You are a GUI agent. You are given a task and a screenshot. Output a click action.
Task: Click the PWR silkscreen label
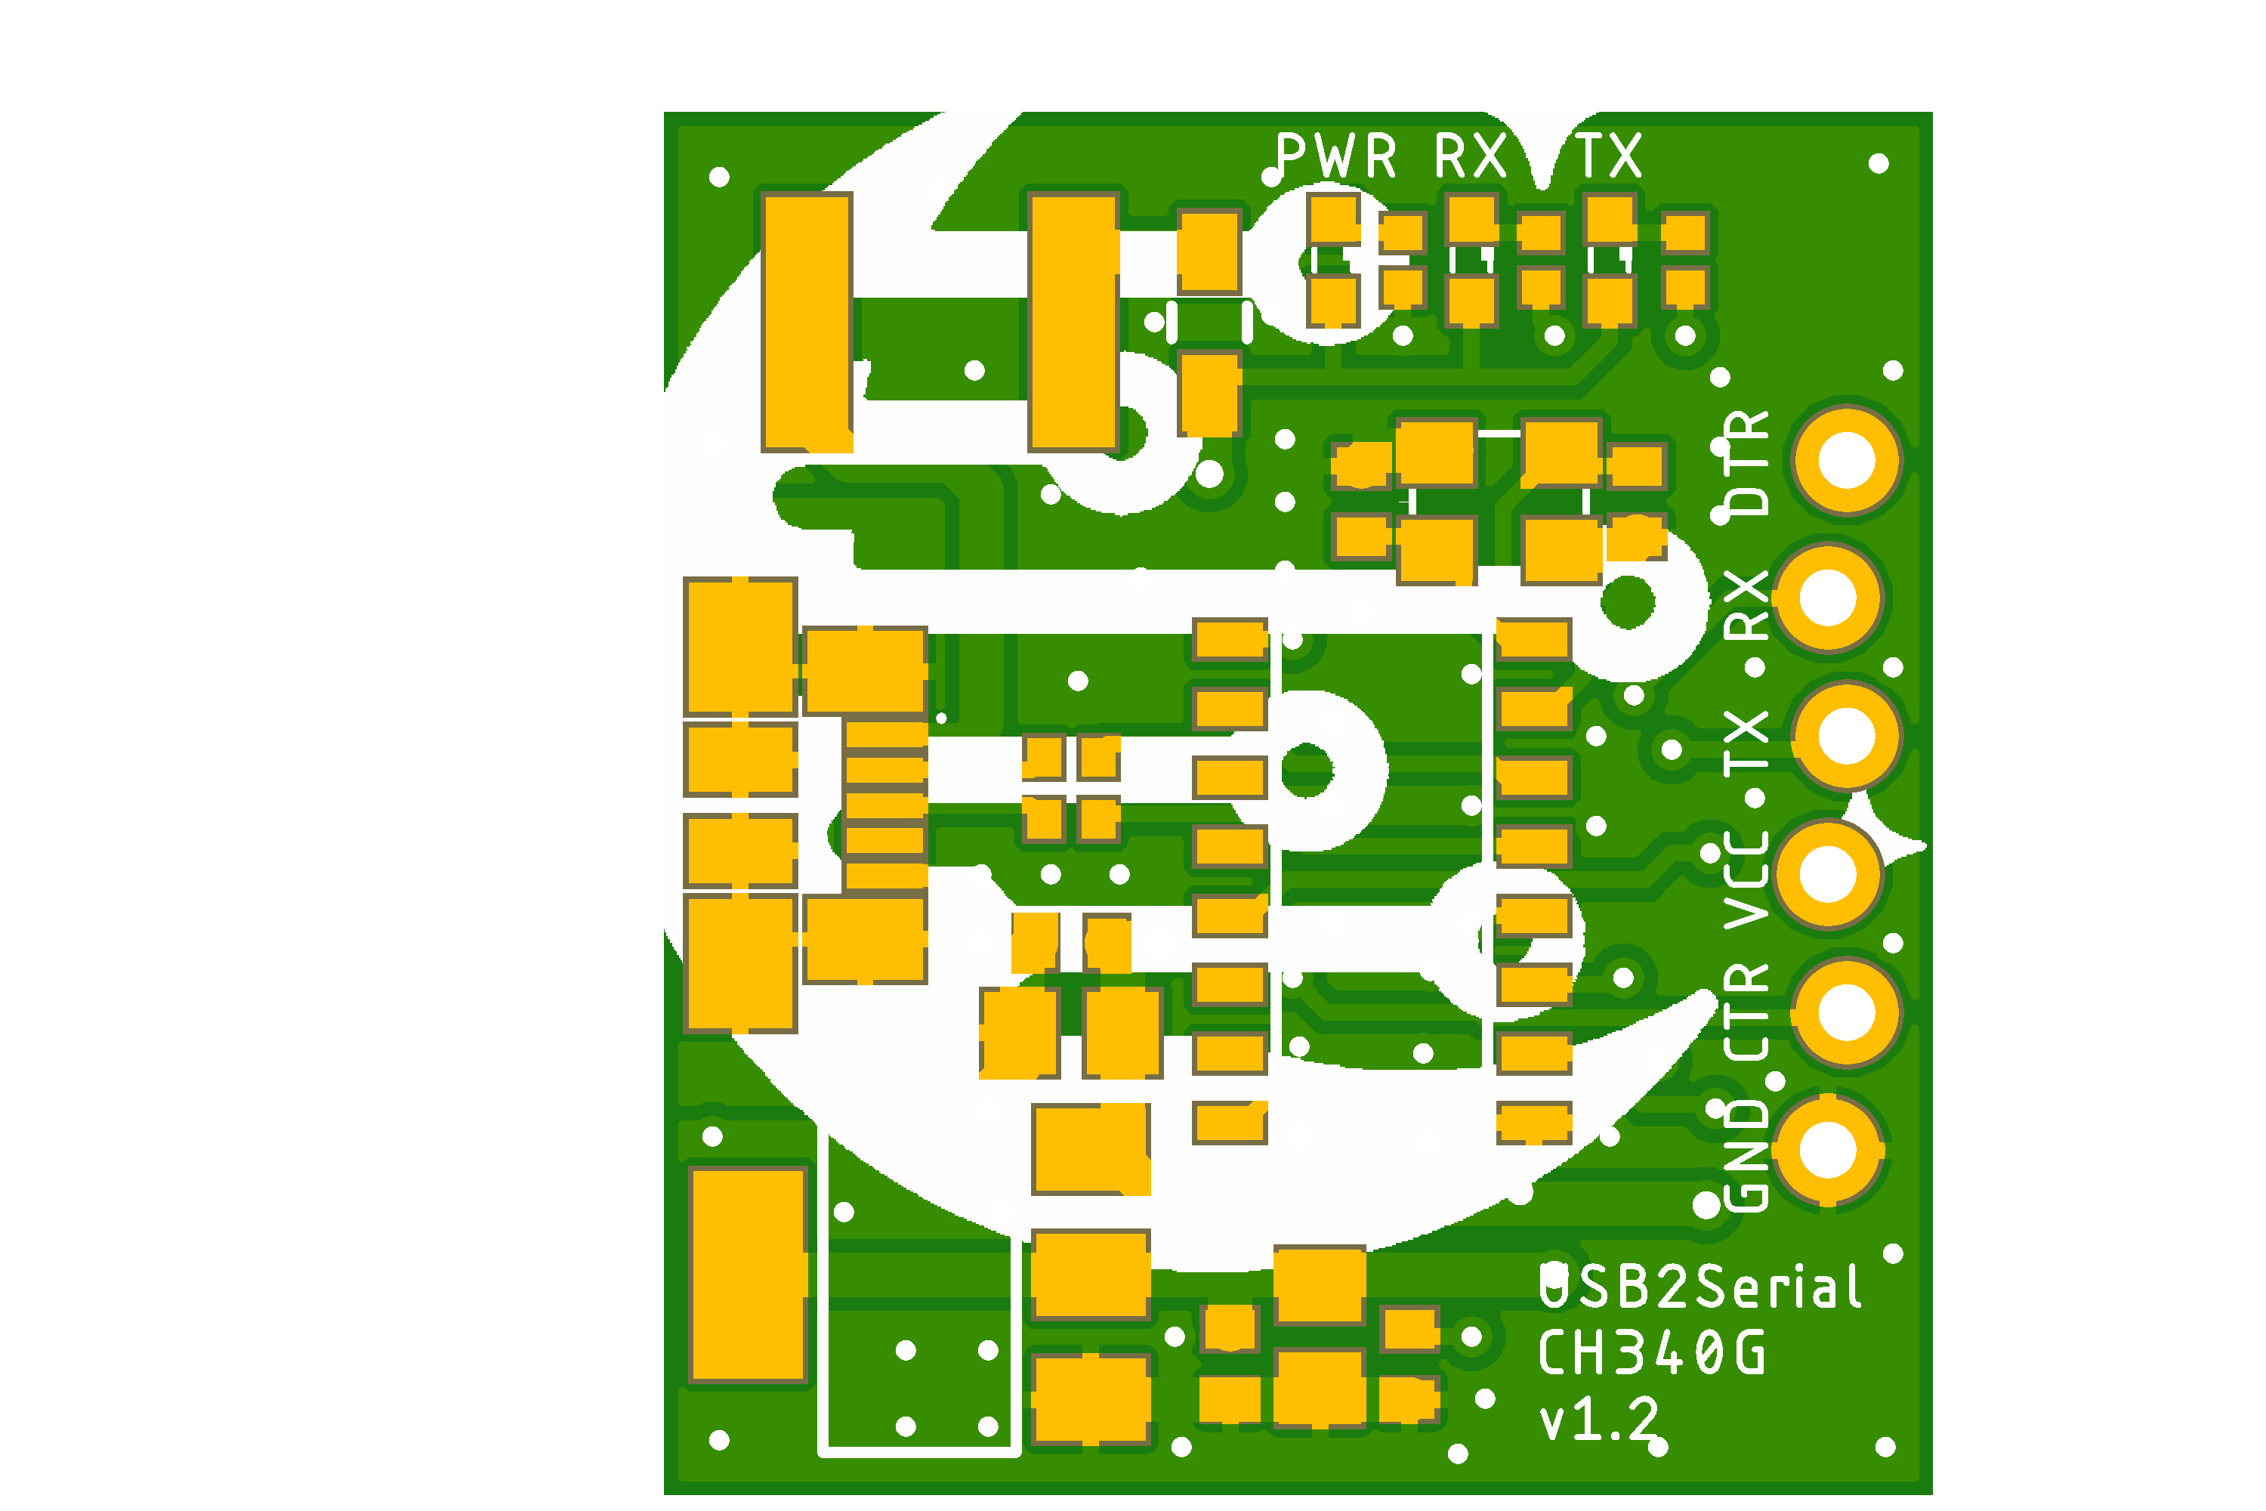click(x=1335, y=156)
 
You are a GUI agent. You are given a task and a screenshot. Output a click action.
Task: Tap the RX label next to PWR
click(x=1470, y=156)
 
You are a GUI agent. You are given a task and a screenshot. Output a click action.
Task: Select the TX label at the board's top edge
click(x=1608, y=156)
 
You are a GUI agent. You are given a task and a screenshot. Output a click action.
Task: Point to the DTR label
click(x=1746, y=462)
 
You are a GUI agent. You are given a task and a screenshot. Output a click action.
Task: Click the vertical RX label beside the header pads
click(x=1746, y=605)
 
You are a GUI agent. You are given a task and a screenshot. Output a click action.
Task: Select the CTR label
click(x=1746, y=1012)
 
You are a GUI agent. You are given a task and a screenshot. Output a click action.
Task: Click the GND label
click(x=1746, y=1157)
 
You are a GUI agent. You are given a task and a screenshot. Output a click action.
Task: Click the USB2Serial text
click(x=1699, y=1287)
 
